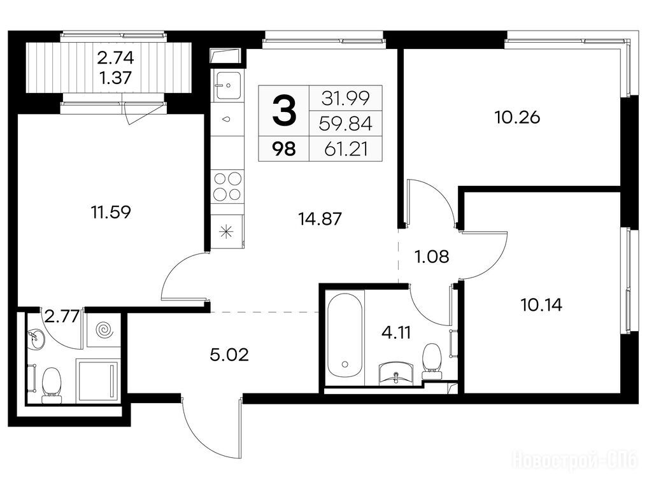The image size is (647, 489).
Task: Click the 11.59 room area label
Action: (x=111, y=213)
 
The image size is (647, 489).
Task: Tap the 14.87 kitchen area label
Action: (x=320, y=218)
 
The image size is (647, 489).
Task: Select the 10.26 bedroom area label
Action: (x=517, y=118)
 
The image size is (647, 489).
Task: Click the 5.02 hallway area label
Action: (x=229, y=355)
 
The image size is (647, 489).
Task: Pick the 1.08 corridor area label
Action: (x=432, y=257)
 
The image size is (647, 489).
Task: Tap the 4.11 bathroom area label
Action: (x=396, y=332)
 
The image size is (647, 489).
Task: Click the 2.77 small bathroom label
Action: (x=62, y=318)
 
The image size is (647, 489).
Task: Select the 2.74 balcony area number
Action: (x=115, y=58)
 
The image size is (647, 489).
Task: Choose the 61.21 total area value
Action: (x=346, y=149)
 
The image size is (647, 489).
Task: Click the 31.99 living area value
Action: (x=346, y=98)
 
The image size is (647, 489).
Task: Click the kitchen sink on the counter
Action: (x=226, y=85)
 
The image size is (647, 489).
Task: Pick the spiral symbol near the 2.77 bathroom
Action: (x=103, y=330)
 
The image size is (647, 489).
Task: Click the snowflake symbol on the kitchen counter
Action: (x=226, y=232)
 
